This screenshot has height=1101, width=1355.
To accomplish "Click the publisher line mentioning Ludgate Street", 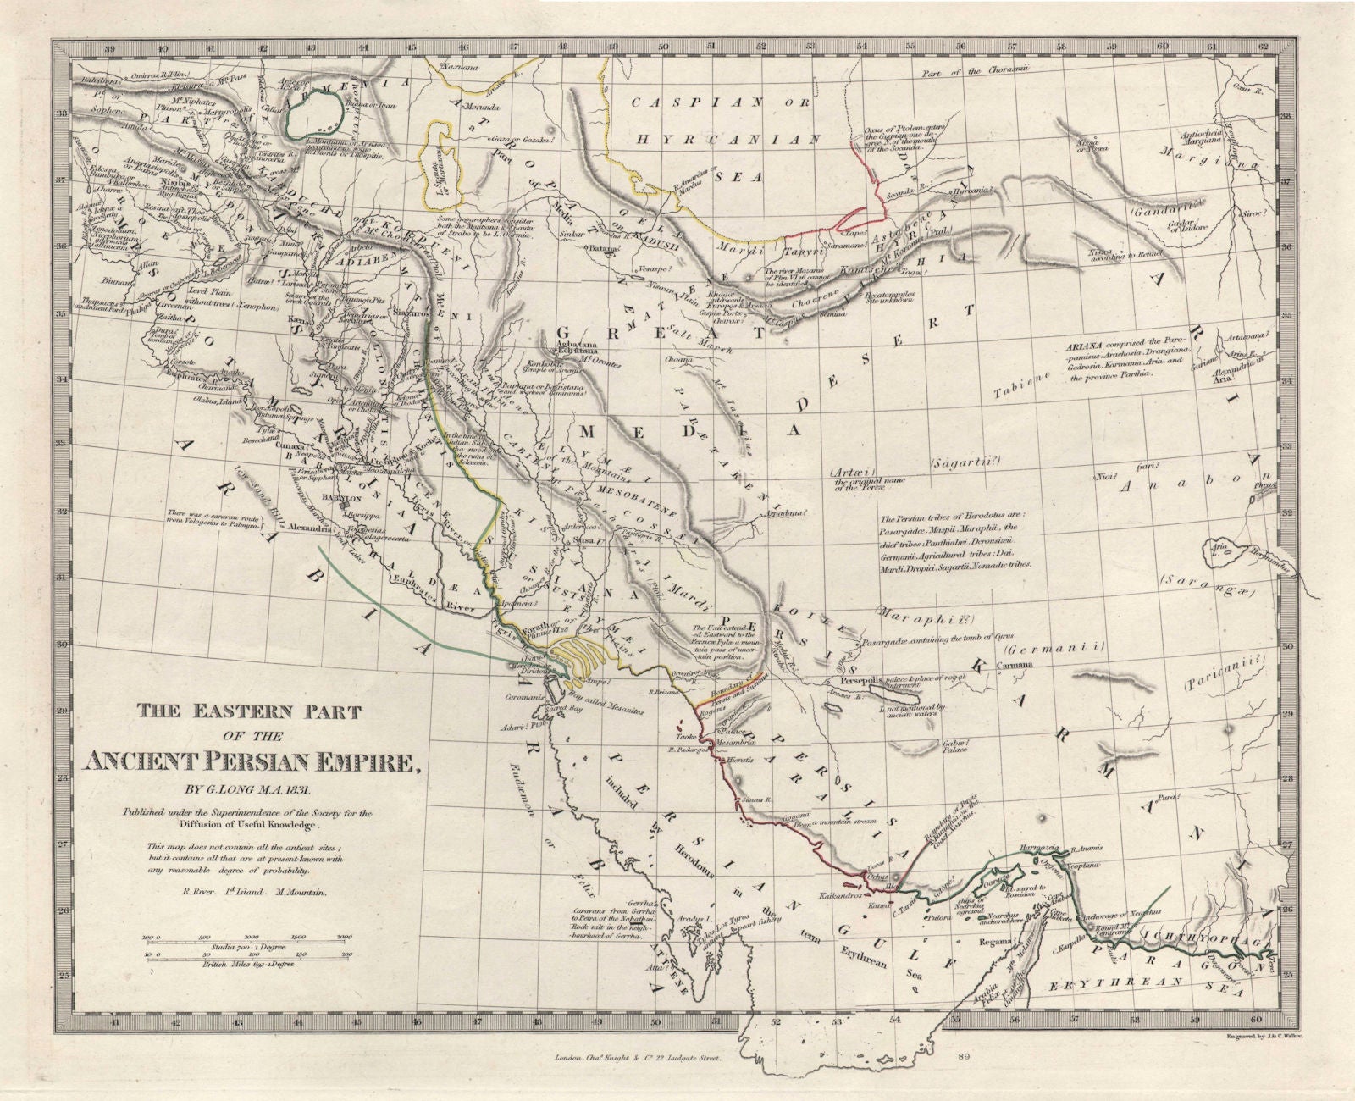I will [x=648, y=1058].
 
